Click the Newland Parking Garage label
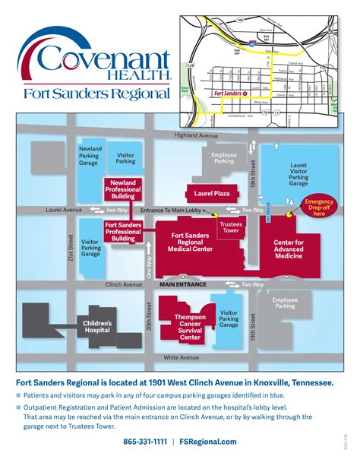90,156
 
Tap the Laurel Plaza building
212,194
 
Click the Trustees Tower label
230,228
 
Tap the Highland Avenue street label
197,135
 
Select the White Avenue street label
182,357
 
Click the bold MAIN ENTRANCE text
183,284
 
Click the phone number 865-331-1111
145,442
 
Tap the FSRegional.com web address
208,442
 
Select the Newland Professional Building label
122,188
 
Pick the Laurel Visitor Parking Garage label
298,173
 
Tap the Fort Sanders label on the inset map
229,93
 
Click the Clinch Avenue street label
125,284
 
